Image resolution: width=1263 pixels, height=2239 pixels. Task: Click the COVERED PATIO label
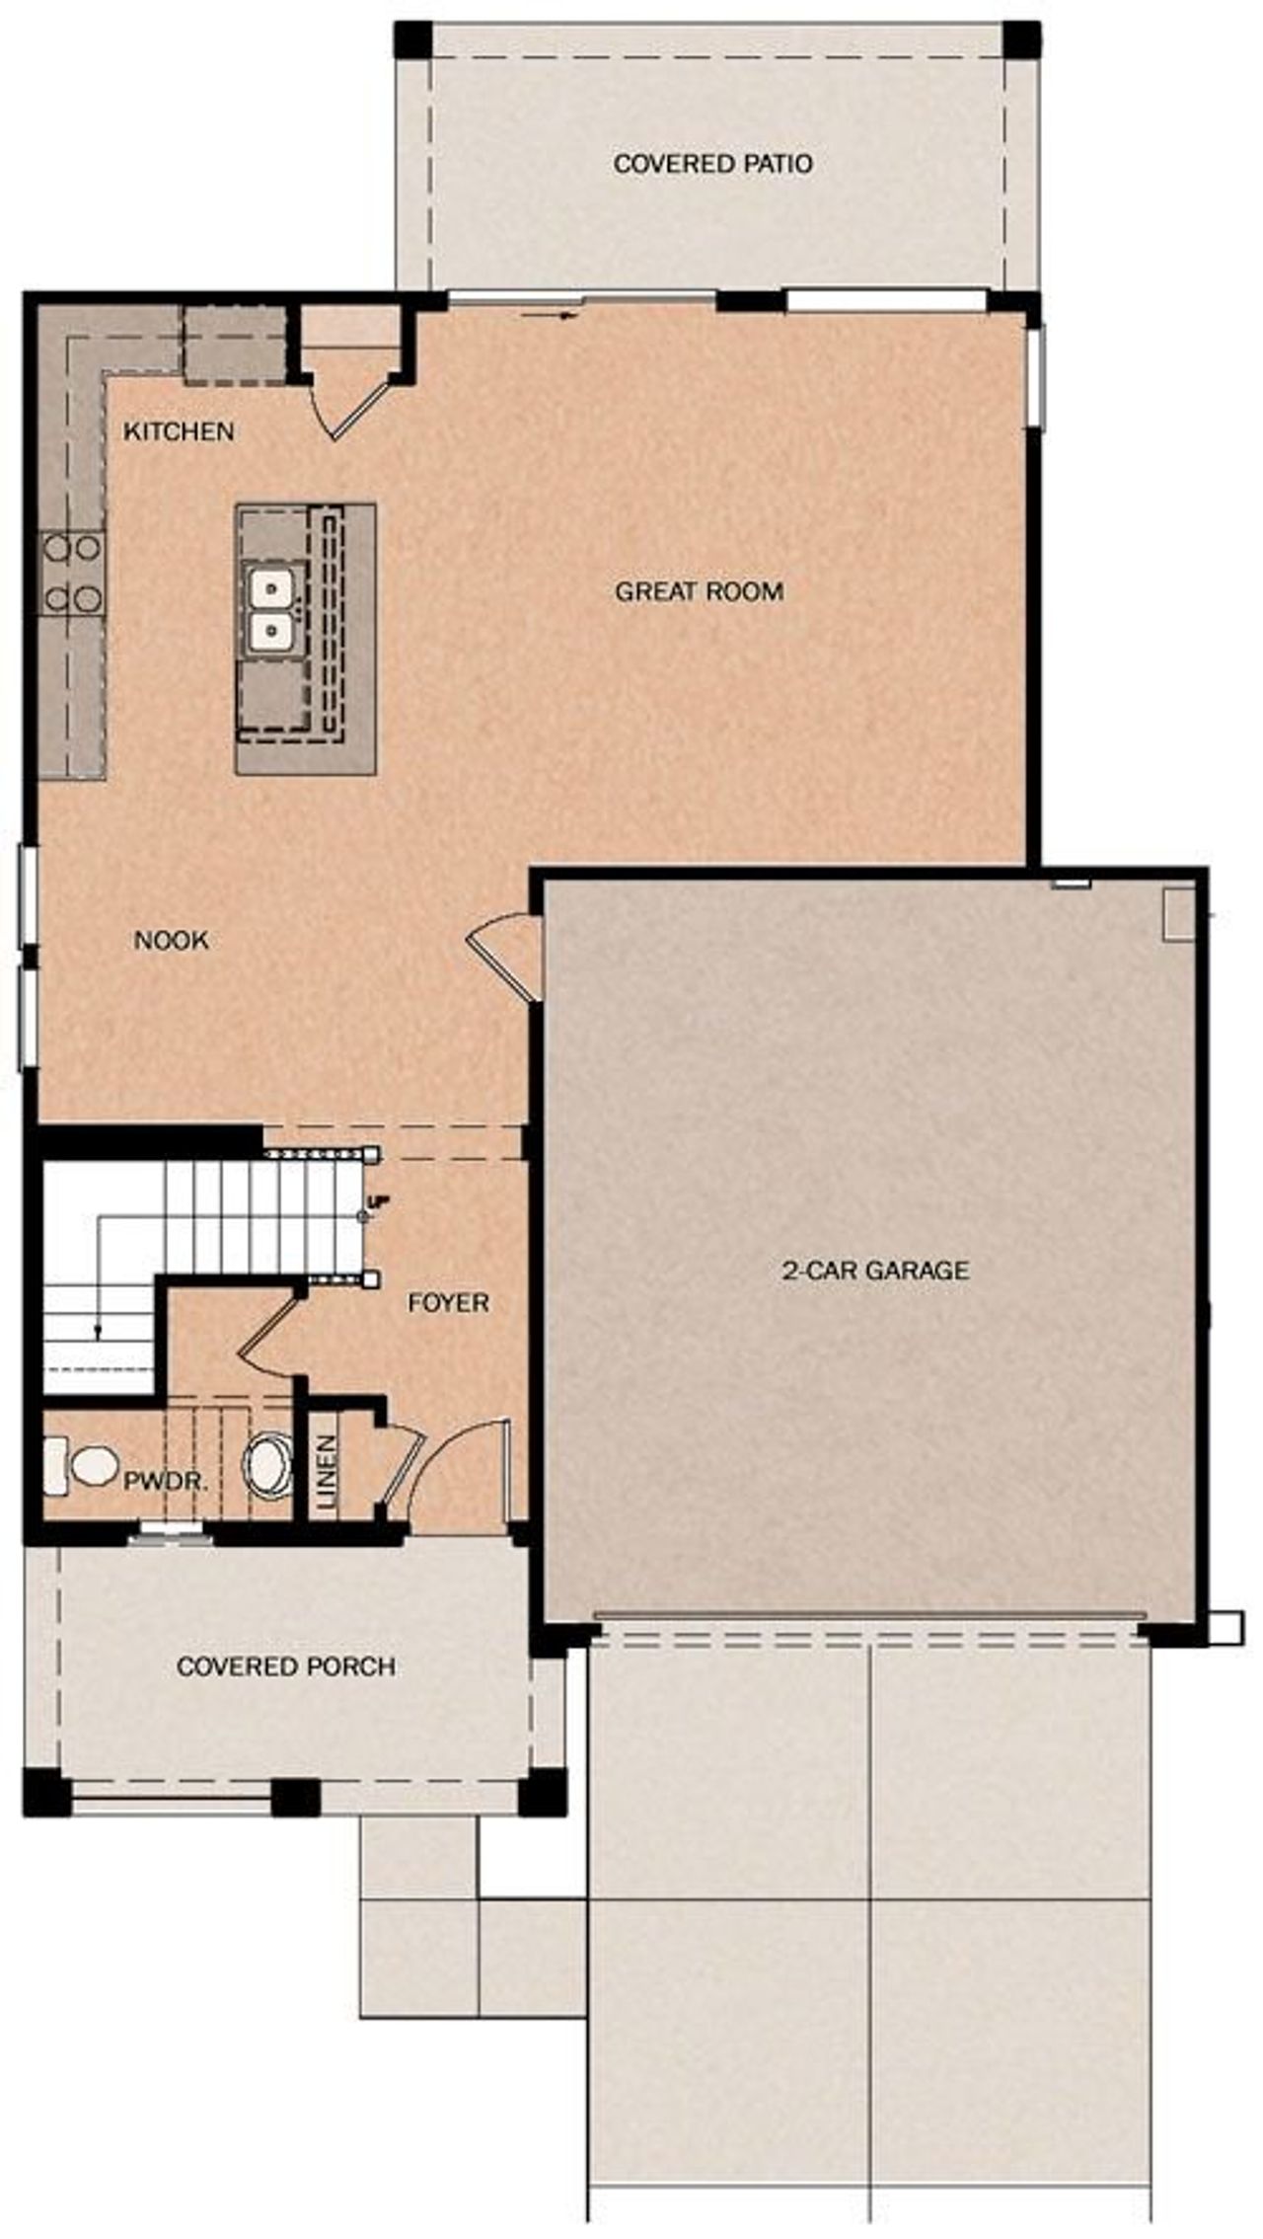(x=712, y=164)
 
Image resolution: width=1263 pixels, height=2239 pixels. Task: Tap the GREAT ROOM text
(x=699, y=592)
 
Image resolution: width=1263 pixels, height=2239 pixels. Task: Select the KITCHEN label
(x=179, y=431)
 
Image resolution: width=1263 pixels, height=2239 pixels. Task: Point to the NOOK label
(x=171, y=940)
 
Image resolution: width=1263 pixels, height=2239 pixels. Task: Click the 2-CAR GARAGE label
(x=875, y=1270)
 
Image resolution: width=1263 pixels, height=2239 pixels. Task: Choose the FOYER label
(x=448, y=1303)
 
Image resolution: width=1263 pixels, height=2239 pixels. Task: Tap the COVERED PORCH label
(x=286, y=1666)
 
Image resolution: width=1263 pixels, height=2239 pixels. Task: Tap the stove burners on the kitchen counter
(x=72, y=573)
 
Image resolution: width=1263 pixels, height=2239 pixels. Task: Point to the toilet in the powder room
(x=81, y=1465)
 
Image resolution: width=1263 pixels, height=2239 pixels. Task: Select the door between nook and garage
(x=503, y=956)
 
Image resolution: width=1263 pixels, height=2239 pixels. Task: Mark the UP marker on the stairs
(x=373, y=1201)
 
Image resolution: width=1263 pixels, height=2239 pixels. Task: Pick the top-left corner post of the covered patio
(x=413, y=39)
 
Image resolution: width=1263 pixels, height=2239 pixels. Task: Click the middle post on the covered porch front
(x=295, y=1798)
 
